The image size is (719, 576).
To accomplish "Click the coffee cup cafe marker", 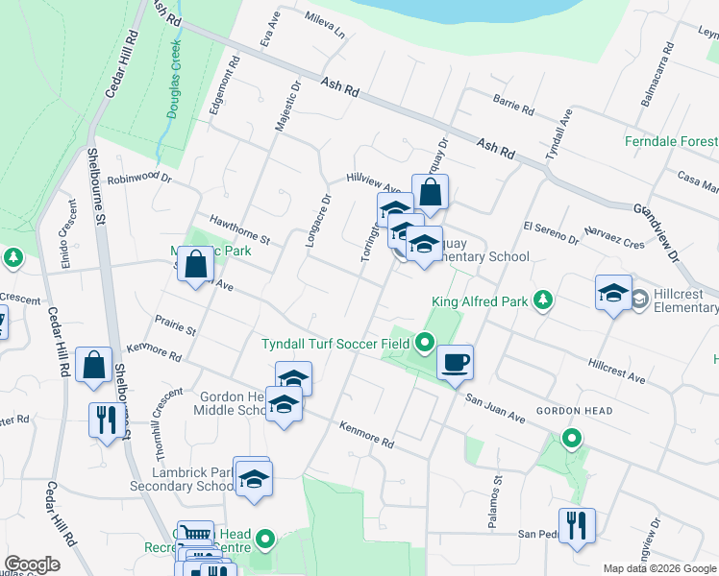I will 455,363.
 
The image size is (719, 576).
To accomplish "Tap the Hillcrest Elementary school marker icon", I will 614,294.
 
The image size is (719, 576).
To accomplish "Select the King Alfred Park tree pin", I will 543,300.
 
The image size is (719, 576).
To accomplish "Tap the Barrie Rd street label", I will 512,105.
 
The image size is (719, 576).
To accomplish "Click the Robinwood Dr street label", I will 139,178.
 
